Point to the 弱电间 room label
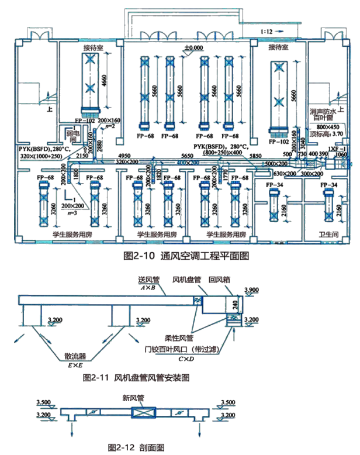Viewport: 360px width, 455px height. tap(71, 139)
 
